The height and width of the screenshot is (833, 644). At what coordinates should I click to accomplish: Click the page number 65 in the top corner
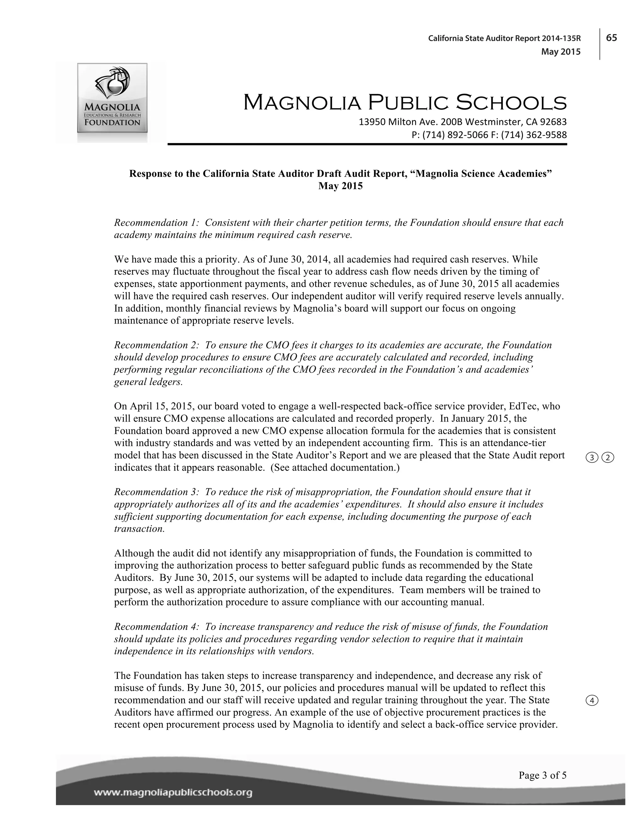(x=612, y=38)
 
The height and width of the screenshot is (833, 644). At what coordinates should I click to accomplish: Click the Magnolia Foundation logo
(x=112, y=98)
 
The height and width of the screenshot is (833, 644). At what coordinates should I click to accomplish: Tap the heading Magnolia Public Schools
(x=405, y=103)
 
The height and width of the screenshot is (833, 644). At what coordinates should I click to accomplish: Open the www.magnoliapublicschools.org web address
(x=173, y=793)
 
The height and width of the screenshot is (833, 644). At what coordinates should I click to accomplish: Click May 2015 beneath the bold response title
(x=340, y=186)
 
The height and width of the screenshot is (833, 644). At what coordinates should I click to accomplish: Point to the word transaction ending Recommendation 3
(x=139, y=529)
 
